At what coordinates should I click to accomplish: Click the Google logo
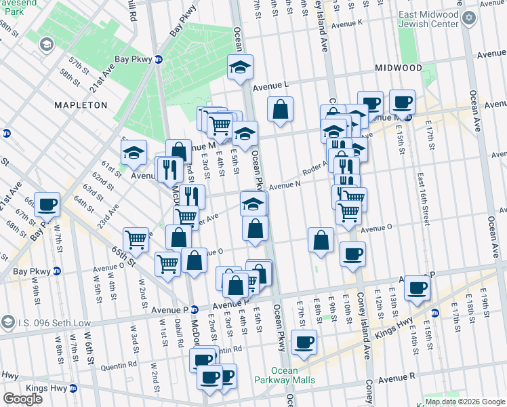point(22,398)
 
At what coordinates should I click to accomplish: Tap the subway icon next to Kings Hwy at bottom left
point(74,389)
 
